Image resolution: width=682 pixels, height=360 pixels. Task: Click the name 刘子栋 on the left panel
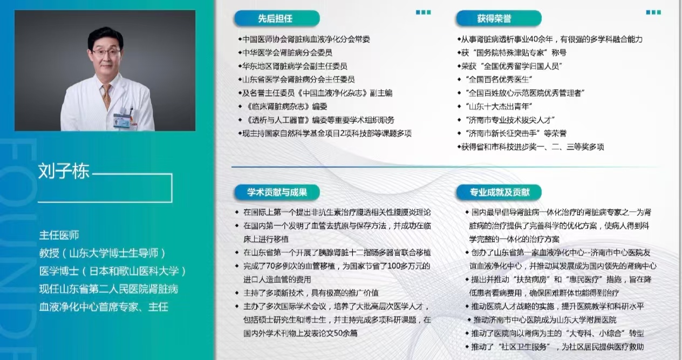[x=64, y=171]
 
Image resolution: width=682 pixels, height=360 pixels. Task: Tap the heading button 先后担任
[x=277, y=18]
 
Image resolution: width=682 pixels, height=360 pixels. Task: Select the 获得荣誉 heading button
[x=499, y=18]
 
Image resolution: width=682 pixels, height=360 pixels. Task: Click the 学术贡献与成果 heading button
[x=277, y=192]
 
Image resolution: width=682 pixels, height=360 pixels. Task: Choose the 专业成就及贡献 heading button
[x=499, y=192]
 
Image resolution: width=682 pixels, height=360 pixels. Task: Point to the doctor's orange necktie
[x=107, y=96]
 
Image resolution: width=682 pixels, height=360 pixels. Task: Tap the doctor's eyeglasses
[x=107, y=53]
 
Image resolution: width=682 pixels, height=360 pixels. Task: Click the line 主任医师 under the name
[x=59, y=235]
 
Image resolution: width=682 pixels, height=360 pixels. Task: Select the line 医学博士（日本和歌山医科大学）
[x=113, y=271]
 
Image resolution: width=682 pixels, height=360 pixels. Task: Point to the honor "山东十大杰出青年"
[x=499, y=106]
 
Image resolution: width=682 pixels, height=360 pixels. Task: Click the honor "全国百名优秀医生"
[x=499, y=79]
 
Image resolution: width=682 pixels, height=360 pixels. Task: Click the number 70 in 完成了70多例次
[x=271, y=266]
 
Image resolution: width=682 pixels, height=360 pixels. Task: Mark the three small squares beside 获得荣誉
[x=653, y=12]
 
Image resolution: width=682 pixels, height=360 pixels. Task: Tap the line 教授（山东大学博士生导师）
[x=103, y=253]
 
